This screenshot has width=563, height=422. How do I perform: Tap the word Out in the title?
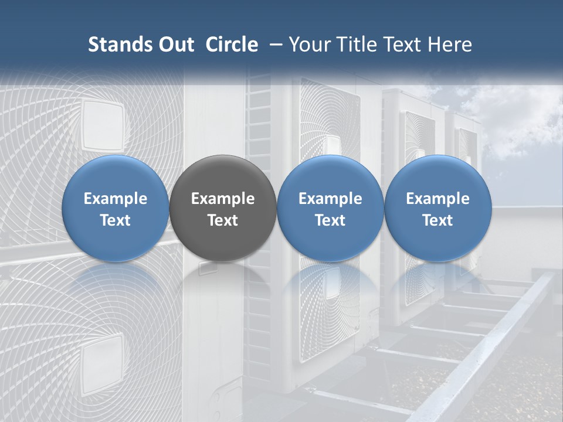click(174, 45)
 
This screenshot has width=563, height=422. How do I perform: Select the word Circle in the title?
click(232, 45)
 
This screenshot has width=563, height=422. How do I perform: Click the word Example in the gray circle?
click(223, 199)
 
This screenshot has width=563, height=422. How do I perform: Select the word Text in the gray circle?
click(223, 220)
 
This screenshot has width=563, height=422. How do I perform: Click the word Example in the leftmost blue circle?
click(116, 199)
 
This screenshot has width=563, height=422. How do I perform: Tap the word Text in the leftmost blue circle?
click(116, 220)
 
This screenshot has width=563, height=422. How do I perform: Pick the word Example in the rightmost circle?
click(437, 199)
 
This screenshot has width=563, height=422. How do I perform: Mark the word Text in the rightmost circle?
click(437, 220)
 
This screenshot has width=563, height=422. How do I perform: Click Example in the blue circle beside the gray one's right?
click(330, 199)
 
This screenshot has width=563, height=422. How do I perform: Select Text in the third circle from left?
click(330, 220)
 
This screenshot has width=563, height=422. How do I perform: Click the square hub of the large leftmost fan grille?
click(103, 125)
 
